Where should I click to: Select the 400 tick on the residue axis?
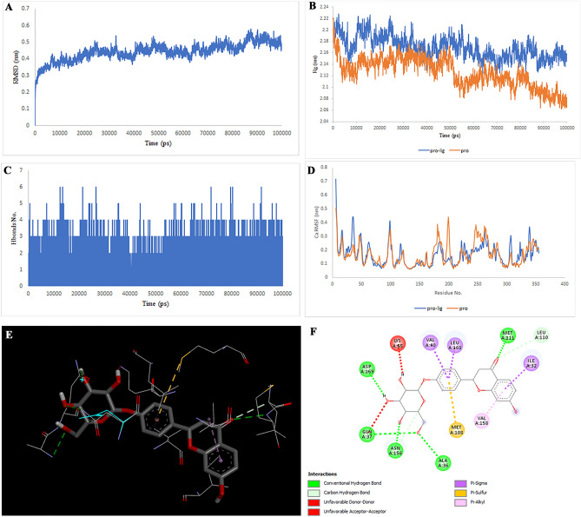(564, 284)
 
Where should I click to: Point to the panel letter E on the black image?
(9, 310)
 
